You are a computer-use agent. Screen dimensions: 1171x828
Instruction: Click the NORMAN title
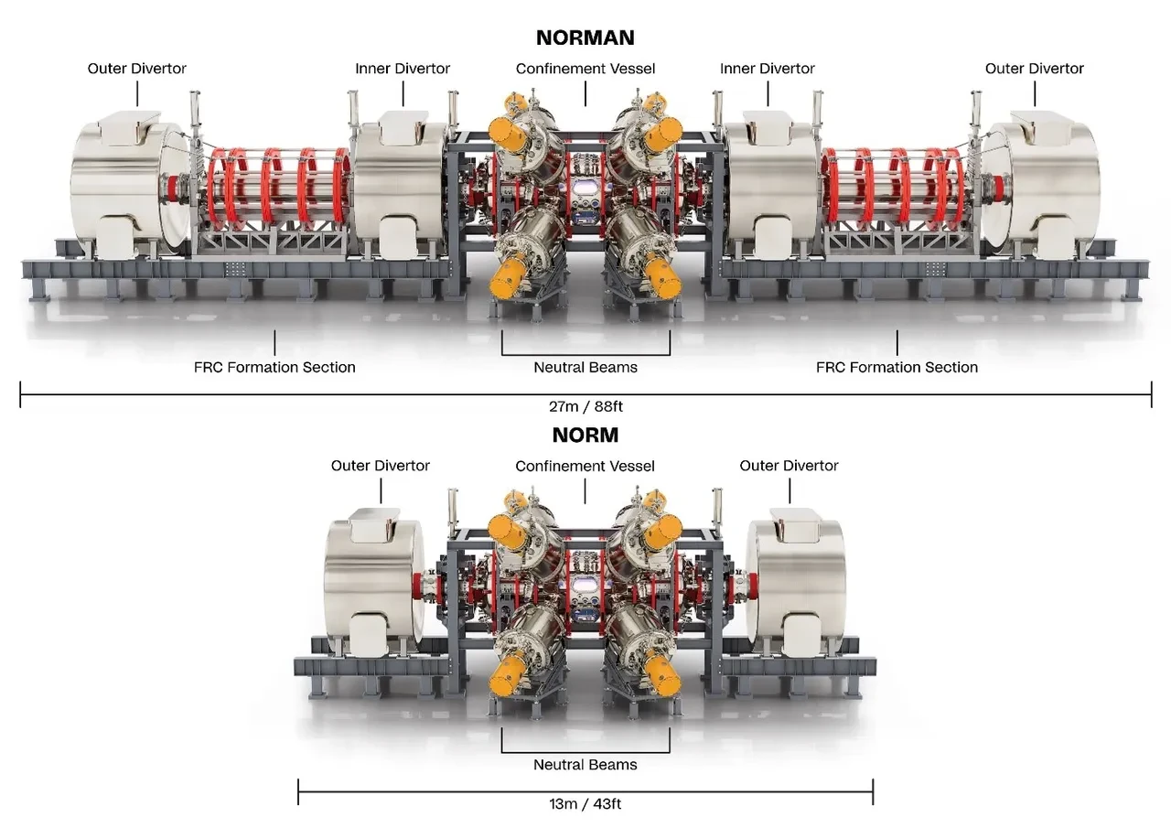pos(585,38)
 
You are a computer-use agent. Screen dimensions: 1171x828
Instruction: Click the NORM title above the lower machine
pos(585,435)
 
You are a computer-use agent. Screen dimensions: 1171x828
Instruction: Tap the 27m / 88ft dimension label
pos(585,406)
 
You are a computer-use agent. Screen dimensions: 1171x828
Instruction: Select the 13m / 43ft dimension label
pos(585,803)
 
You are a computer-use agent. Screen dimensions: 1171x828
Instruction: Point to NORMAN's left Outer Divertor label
pos(137,69)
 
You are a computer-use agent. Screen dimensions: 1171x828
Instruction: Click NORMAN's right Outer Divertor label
pos(1035,69)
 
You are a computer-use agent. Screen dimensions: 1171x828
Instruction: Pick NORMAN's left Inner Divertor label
pos(403,69)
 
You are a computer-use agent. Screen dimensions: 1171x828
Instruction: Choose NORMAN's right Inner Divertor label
pos(768,69)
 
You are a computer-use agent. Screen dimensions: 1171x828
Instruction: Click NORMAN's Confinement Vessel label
pos(585,69)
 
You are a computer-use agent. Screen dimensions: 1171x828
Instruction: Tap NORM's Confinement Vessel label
pos(585,466)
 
